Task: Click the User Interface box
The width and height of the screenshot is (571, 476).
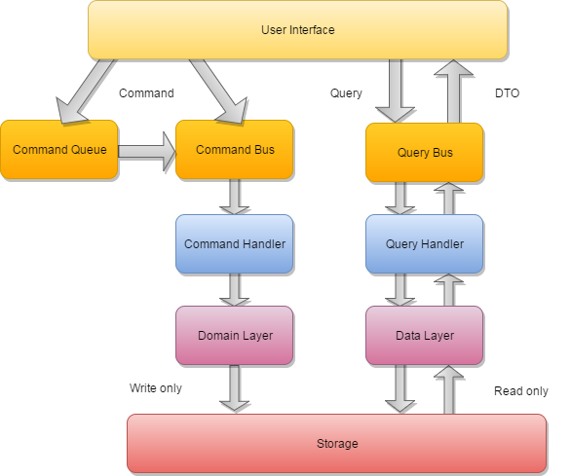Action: tap(297, 29)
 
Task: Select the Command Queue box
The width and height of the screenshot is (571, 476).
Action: tap(58, 150)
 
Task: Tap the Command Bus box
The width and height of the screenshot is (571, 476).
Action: tap(234, 150)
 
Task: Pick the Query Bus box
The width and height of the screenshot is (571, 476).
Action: tap(424, 153)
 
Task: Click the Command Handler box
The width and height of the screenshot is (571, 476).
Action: tap(234, 244)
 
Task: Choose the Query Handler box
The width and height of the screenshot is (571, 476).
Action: tap(424, 244)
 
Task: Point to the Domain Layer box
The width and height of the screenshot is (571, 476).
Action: tap(234, 336)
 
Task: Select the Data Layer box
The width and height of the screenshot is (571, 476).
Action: tap(424, 336)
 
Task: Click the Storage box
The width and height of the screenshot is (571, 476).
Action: tap(336, 444)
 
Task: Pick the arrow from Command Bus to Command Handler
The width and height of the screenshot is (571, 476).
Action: tap(234, 197)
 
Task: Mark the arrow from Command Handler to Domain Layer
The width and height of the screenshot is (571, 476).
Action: tap(234, 290)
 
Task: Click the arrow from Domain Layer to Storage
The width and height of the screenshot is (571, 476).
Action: tap(234, 388)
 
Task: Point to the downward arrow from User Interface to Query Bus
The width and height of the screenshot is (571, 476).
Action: tap(396, 90)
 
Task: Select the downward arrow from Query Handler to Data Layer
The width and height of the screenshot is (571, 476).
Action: tap(398, 289)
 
